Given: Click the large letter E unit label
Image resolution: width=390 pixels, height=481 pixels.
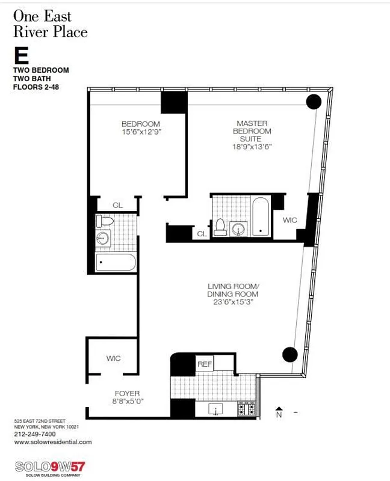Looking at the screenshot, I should pyautogui.click(x=21, y=56).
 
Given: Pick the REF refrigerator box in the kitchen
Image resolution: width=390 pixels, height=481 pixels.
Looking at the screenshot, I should pyautogui.click(x=204, y=364).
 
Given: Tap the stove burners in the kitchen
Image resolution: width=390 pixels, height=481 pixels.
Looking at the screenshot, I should pyautogui.click(x=246, y=409).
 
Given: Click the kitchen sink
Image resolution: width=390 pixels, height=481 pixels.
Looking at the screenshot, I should pyautogui.click(x=215, y=409).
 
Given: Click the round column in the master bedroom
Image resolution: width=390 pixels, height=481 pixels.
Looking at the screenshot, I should pyautogui.click(x=314, y=102).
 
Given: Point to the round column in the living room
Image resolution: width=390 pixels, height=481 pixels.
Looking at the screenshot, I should pyautogui.click(x=290, y=355).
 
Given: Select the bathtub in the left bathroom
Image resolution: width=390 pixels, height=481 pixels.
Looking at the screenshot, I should pyautogui.click(x=116, y=263).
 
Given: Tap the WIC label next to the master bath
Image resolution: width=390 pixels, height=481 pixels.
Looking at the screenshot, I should pyautogui.click(x=289, y=221).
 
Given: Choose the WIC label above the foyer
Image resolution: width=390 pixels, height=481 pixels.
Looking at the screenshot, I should pyautogui.click(x=113, y=358).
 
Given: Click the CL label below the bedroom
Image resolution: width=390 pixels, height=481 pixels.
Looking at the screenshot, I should pyautogui.click(x=117, y=205).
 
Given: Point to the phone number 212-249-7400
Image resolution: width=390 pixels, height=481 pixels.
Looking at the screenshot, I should pyautogui.click(x=35, y=434).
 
